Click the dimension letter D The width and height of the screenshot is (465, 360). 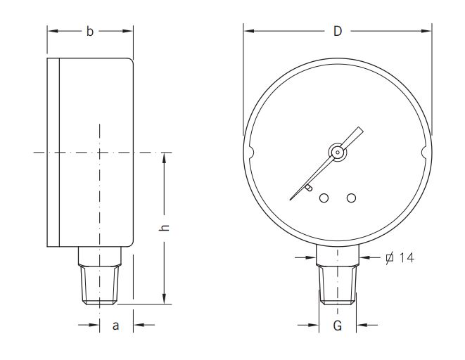(337, 32)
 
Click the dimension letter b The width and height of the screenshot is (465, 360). (89, 32)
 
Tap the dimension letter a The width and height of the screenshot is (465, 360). (115, 325)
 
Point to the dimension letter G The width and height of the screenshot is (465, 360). (337, 326)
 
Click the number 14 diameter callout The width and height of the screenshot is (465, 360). (406, 258)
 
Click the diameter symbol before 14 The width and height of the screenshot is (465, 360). (389, 258)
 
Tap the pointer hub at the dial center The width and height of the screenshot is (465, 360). (337, 152)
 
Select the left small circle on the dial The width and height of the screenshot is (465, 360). (324, 198)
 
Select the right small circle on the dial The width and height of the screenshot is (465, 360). (351, 198)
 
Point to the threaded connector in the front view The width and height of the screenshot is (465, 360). (337, 283)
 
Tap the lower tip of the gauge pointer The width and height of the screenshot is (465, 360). (291, 198)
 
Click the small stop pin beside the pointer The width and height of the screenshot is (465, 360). (309, 188)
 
